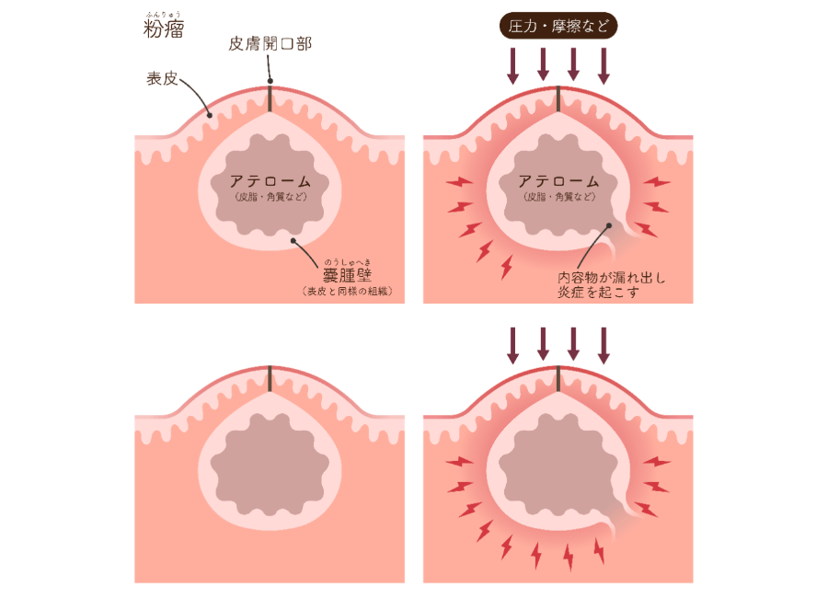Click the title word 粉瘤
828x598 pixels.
[x=165, y=30]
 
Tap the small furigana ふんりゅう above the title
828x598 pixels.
[x=164, y=13]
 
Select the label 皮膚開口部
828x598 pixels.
[x=270, y=44]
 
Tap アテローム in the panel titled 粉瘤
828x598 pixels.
[x=270, y=181]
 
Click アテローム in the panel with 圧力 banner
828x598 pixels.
[x=558, y=181]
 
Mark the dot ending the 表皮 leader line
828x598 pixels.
[x=211, y=116]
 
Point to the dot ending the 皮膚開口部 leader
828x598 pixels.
[x=270, y=81]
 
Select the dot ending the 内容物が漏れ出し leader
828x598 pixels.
[x=608, y=223]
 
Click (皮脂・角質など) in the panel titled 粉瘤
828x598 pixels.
[x=270, y=197]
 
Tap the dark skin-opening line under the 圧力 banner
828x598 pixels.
[x=558, y=98]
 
